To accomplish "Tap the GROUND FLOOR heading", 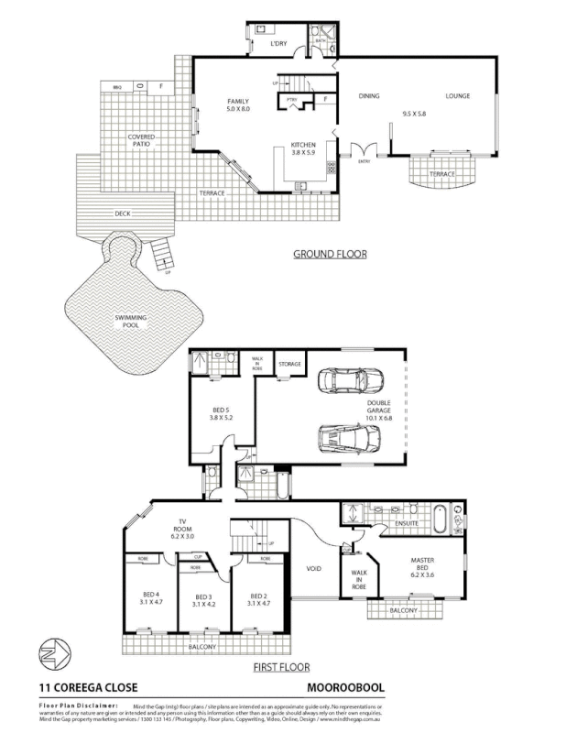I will (330, 254).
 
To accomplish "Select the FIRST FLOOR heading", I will (281, 668).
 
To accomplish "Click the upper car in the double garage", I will (342, 380).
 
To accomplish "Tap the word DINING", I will (368, 95).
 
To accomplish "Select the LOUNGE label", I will (458, 95).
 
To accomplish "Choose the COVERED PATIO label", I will (141, 140).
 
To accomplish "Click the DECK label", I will (122, 213).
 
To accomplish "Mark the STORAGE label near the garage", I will (290, 364).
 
